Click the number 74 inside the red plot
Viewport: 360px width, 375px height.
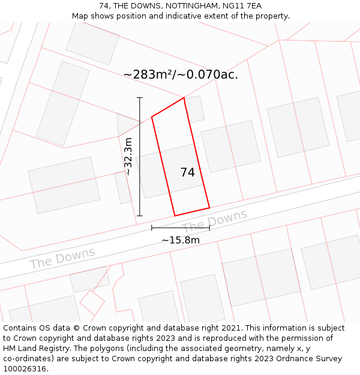pos(187,172)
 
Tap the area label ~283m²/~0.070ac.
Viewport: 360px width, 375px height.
pos(181,74)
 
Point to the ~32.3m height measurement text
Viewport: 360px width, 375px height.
pos(128,156)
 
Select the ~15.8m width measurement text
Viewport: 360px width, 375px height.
pos(180,240)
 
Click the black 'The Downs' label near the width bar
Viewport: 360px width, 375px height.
pos(214,221)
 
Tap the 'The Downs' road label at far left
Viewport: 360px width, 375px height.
pos(62,258)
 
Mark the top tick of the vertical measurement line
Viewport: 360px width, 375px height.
pos(140,97)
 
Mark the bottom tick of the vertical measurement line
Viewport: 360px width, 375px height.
pos(140,215)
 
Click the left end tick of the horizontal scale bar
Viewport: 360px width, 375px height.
pos(152,228)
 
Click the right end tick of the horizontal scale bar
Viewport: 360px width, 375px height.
pos(209,228)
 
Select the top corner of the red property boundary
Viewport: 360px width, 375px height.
pos(184,98)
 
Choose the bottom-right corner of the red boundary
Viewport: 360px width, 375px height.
pos(209,208)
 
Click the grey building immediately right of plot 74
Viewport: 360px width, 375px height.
pos(230,146)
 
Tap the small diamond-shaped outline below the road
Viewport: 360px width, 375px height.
pos(92,302)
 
